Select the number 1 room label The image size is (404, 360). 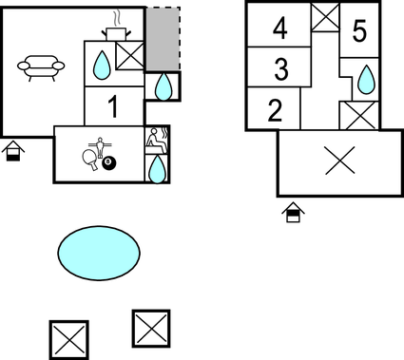113,105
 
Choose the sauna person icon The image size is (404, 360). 156,140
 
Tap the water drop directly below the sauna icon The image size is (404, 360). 157,169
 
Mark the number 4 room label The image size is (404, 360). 279,29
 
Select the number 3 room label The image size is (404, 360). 279,68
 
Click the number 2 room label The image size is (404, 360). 275,110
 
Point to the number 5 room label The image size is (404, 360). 357,32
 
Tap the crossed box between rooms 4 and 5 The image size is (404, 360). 326,16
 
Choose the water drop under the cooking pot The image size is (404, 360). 101,65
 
